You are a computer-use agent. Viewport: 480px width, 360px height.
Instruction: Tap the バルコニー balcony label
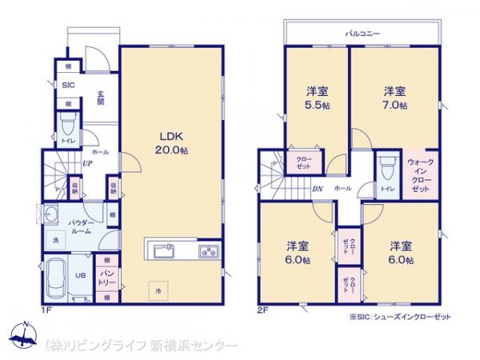[x=362, y=34]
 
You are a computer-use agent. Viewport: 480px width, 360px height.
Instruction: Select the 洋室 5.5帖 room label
[x=318, y=98]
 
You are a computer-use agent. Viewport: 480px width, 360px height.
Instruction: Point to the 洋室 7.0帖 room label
[x=393, y=98]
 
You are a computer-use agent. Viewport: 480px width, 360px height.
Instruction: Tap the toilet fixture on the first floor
[x=69, y=129]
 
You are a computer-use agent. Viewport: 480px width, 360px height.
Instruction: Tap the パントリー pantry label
[x=106, y=277]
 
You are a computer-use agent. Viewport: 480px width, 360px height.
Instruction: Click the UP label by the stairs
[x=84, y=165]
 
